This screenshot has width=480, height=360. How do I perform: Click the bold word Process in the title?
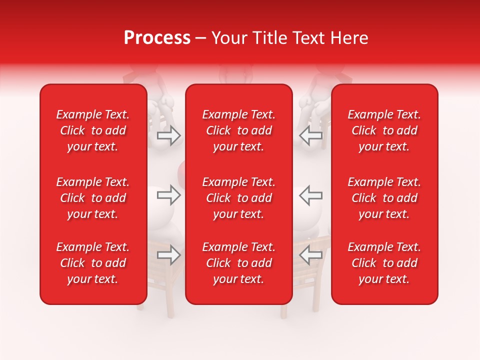(x=157, y=38)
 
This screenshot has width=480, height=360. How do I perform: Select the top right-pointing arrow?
(x=169, y=135)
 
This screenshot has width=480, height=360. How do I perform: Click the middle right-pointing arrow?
(x=169, y=195)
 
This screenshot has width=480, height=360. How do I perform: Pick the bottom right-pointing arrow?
(x=169, y=255)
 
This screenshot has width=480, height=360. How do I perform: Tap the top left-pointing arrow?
(x=310, y=135)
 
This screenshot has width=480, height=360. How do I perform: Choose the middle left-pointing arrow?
(x=310, y=195)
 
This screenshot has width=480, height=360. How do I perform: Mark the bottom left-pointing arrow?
(x=310, y=255)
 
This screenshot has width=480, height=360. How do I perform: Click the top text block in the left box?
(x=93, y=130)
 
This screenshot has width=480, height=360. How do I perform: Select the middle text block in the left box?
(x=93, y=198)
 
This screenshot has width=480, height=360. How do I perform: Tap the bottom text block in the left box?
(x=93, y=263)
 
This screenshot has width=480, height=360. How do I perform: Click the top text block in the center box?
(x=238, y=130)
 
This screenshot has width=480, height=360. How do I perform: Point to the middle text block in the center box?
(x=238, y=198)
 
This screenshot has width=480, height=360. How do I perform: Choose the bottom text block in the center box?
(x=238, y=263)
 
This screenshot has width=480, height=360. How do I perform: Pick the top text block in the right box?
(x=384, y=130)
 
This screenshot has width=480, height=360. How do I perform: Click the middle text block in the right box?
(x=384, y=198)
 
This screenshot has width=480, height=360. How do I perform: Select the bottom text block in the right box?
(x=384, y=263)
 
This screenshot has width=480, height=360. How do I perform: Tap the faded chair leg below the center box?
(x=283, y=311)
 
